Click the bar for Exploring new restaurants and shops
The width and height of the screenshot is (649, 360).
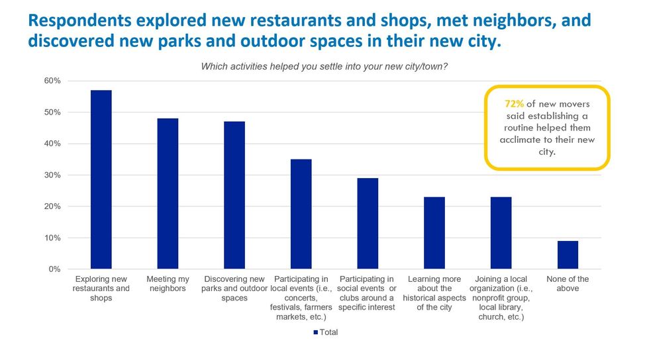pos(101,179)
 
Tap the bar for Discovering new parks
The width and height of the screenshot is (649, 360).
pos(234,195)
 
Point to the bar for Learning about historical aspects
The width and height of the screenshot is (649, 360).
pos(434,233)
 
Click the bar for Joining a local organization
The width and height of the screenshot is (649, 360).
pos(501,233)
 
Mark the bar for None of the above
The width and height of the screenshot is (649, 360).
pos(568,255)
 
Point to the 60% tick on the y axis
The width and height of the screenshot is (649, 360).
pos(52,81)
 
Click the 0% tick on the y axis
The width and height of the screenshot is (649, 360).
pos(55,269)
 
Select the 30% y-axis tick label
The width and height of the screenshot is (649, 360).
pos(52,175)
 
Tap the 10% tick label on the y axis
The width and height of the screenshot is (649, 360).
pos(52,238)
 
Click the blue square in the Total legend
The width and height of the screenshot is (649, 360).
pos(315,332)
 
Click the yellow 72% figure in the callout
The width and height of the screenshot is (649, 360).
pos(515,104)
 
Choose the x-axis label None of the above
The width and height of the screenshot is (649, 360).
pos(568,284)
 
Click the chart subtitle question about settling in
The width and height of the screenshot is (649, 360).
pos(324,66)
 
